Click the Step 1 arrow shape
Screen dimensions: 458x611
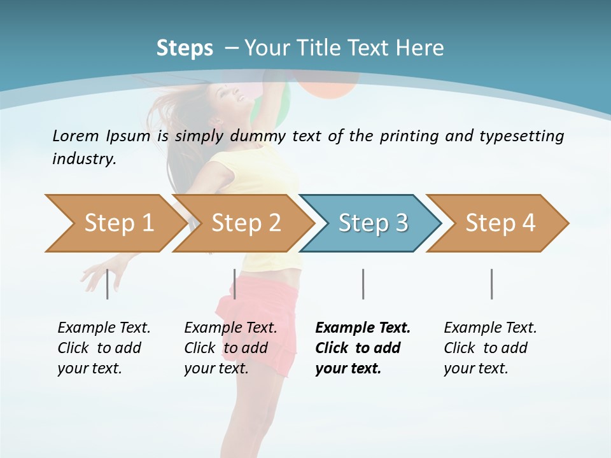click(115, 223)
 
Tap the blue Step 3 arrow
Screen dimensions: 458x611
click(371, 223)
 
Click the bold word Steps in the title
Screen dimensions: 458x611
click(185, 48)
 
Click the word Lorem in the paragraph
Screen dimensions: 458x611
click(76, 135)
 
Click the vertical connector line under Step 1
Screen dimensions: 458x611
click(107, 284)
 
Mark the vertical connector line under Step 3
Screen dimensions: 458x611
click(363, 284)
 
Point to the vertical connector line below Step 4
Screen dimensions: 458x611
click(491, 284)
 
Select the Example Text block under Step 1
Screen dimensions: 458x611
click(103, 348)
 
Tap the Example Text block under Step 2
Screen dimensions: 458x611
click(230, 348)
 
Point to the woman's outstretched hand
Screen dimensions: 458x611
click(94, 275)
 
